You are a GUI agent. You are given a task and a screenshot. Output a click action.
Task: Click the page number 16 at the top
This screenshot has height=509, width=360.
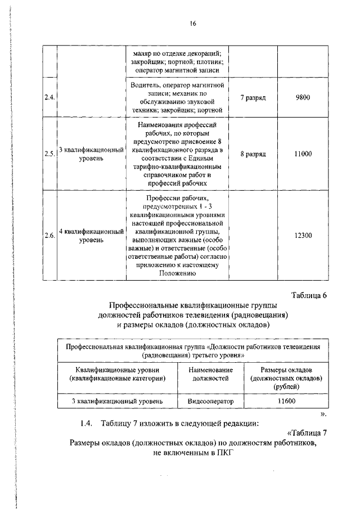(x=193, y=24)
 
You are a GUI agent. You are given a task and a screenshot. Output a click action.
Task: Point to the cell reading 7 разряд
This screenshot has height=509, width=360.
(x=253, y=97)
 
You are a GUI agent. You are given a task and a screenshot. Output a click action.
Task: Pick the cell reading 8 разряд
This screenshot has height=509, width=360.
(x=253, y=154)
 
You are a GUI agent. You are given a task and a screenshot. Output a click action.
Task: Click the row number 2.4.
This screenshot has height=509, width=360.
(x=49, y=97)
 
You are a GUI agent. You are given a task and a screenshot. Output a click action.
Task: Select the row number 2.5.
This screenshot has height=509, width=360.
(x=49, y=154)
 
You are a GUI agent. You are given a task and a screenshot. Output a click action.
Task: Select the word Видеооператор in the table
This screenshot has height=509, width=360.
(x=206, y=402)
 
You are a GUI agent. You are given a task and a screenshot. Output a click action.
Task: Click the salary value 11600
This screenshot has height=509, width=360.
(x=286, y=402)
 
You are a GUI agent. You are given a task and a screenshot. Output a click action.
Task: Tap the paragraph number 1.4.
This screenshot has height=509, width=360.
(x=87, y=422)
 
